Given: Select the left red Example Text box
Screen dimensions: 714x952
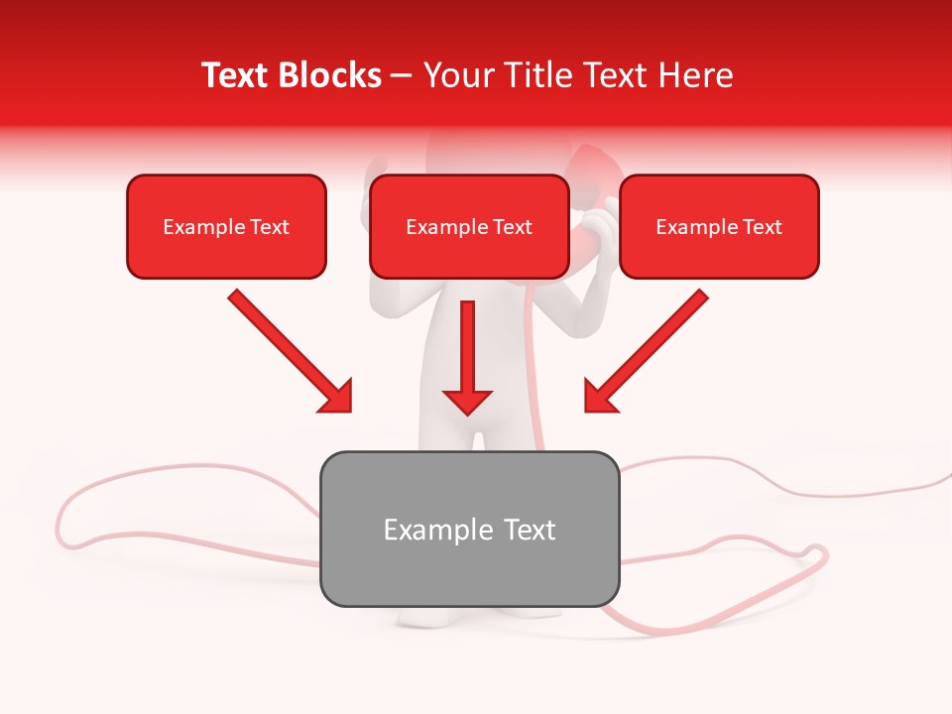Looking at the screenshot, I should pyautogui.click(x=226, y=226).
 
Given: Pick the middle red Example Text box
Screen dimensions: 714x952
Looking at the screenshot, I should pyautogui.click(x=469, y=226).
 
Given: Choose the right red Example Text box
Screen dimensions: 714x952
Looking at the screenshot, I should pyautogui.click(x=719, y=226).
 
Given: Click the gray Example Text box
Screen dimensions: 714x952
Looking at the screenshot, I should pyautogui.click(x=469, y=529).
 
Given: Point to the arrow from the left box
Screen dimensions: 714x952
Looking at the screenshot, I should pyautogui.click(x=288, y=349).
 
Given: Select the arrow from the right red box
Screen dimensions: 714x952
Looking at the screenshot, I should pyautogui.click(x=647, y=349).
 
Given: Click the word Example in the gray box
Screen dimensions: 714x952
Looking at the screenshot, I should pyautogui.click(x=424, y=530).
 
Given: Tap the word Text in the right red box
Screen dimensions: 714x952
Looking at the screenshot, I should pyautogui.click(x=763, y=227).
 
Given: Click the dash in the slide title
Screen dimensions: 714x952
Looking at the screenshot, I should pyautogui.click(x=402, y=76).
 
